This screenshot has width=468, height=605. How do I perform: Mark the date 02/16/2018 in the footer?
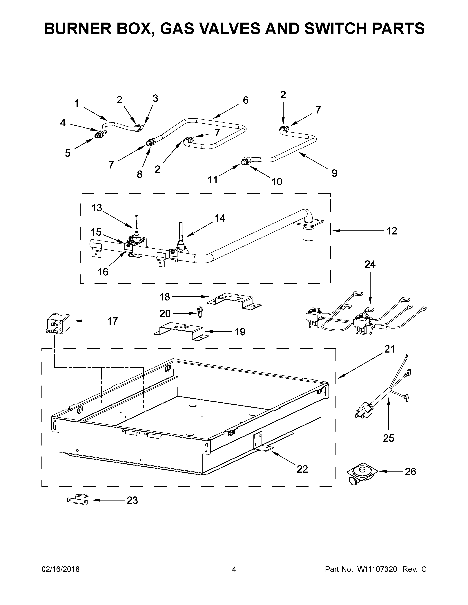click(x=60, y=569)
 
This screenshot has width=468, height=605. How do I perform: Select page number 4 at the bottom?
click(x=234, y=569)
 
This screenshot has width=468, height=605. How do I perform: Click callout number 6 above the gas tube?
click(x=245, y=100)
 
